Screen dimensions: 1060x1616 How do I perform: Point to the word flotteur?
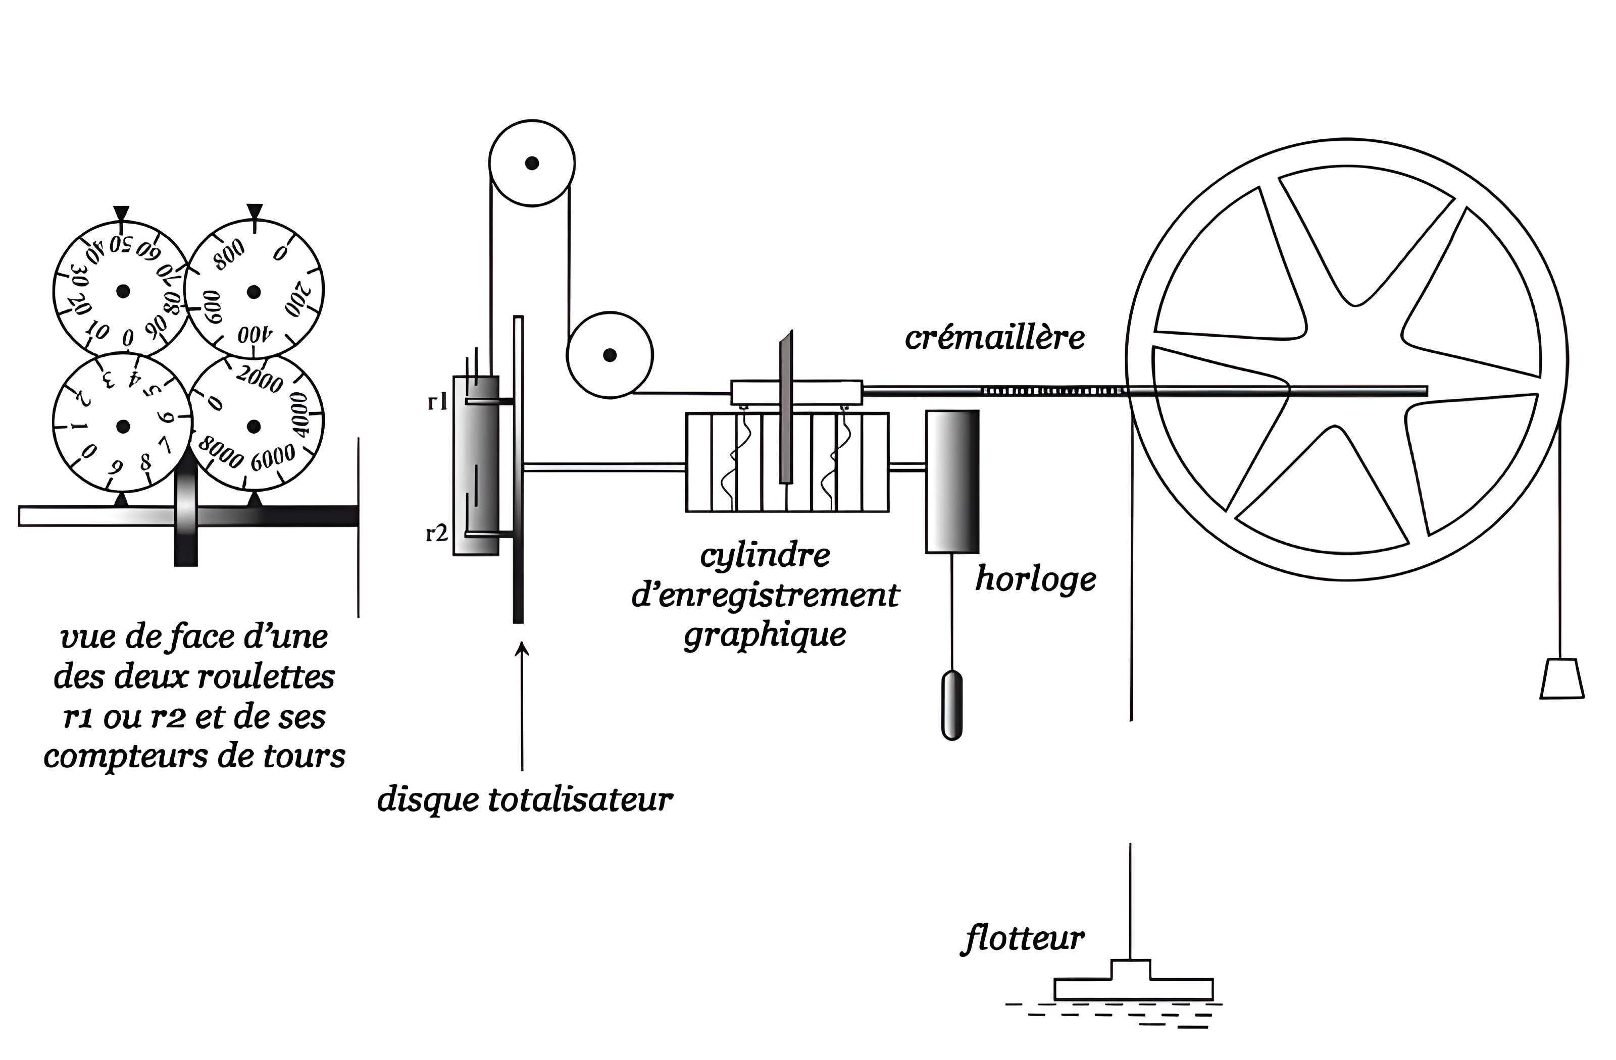click(x=1022, y=940)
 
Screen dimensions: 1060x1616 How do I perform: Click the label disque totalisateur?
click(x=525, y=800)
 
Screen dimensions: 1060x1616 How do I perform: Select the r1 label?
click(x=437, y=402)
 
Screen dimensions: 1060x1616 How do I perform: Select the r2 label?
click(x=437, y=534)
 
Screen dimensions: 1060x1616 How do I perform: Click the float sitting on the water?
click(x=1133, y=983)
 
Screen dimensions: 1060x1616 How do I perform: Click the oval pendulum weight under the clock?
click(x=952, y=705)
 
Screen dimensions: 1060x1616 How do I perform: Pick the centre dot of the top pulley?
click(x=532, y=163)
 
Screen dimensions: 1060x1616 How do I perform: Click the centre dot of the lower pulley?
click(x=610, y=355)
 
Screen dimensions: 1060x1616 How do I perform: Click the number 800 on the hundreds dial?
click(x=229, y=254)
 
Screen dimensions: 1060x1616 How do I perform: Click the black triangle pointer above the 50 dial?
click(x=121, y=214)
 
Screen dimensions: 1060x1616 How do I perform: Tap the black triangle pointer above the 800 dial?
click(x=254, y=213)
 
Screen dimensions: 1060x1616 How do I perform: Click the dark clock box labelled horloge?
click(x=952, y=481)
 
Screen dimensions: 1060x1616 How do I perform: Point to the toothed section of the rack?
click(x=1052, y=391)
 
